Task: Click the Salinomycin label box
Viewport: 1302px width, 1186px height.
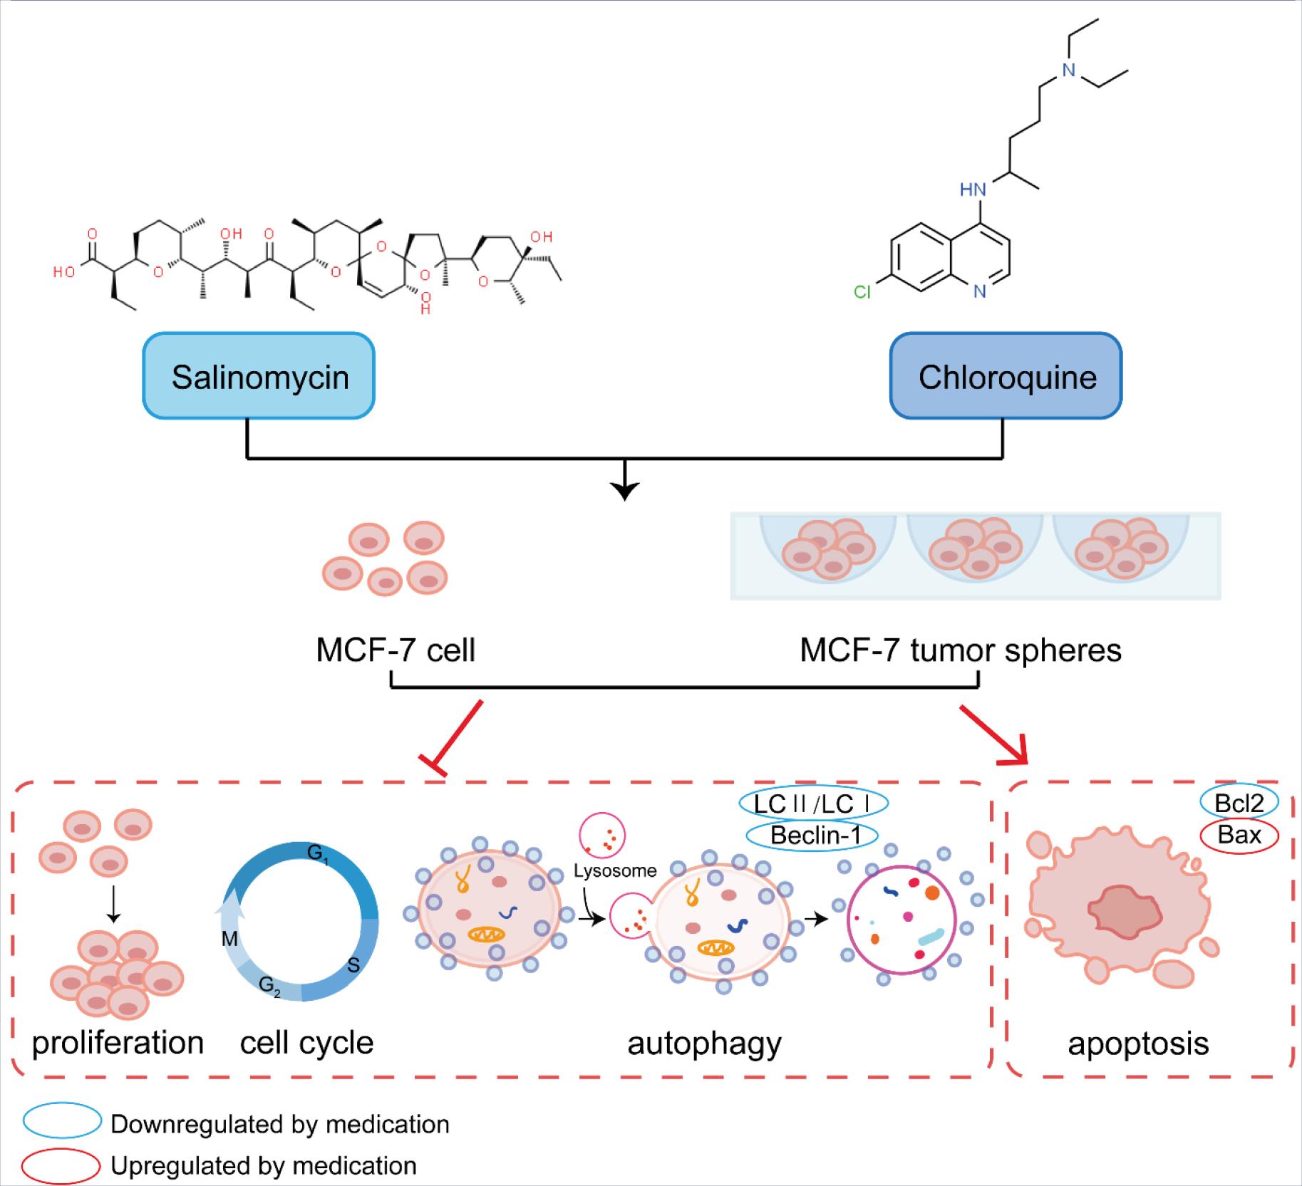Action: point(259,376)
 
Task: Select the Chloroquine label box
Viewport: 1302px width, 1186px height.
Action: point(1006,376)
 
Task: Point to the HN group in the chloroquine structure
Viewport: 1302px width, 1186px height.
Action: point(973,189)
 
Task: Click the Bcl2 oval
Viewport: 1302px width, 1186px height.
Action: point(1239,803)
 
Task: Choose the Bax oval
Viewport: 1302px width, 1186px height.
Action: point(1239,834)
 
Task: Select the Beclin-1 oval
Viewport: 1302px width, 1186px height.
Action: point(812,835)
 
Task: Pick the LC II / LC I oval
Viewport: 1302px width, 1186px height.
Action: point(813,803)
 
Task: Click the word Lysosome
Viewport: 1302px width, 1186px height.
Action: point(614,870)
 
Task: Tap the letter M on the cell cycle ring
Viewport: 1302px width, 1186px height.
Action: point(229,939)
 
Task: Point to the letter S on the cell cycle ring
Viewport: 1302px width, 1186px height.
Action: point(353,966)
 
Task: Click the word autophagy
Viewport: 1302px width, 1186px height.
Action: point(704,1043)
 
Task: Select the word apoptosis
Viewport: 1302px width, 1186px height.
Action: point(1137,1043)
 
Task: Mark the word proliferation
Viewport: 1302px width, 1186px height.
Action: point(118,1043)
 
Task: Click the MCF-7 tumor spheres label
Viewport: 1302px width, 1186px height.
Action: point(960,650)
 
